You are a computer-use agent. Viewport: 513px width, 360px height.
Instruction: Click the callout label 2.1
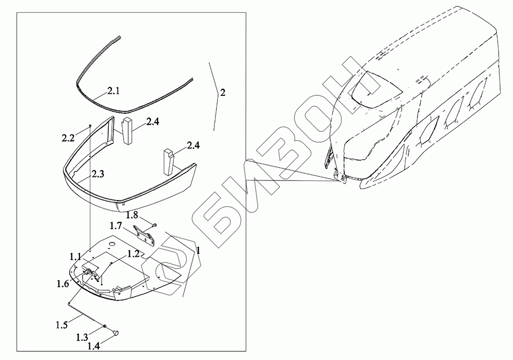pos(113,91)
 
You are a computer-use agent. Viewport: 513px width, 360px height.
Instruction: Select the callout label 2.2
pos(68,138)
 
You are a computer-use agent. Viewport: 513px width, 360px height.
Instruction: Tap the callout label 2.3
pos(97,174)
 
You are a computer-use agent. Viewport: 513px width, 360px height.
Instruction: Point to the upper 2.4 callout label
pos(153,122)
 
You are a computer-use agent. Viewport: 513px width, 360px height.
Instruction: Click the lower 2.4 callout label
pos(193,145)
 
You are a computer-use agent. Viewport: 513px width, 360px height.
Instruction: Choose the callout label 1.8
pos(132,215)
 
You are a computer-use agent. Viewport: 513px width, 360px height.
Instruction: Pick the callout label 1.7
pos(116,226)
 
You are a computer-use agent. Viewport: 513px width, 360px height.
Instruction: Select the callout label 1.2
pos(133,253)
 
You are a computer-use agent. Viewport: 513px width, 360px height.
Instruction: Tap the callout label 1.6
pos(62,284)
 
